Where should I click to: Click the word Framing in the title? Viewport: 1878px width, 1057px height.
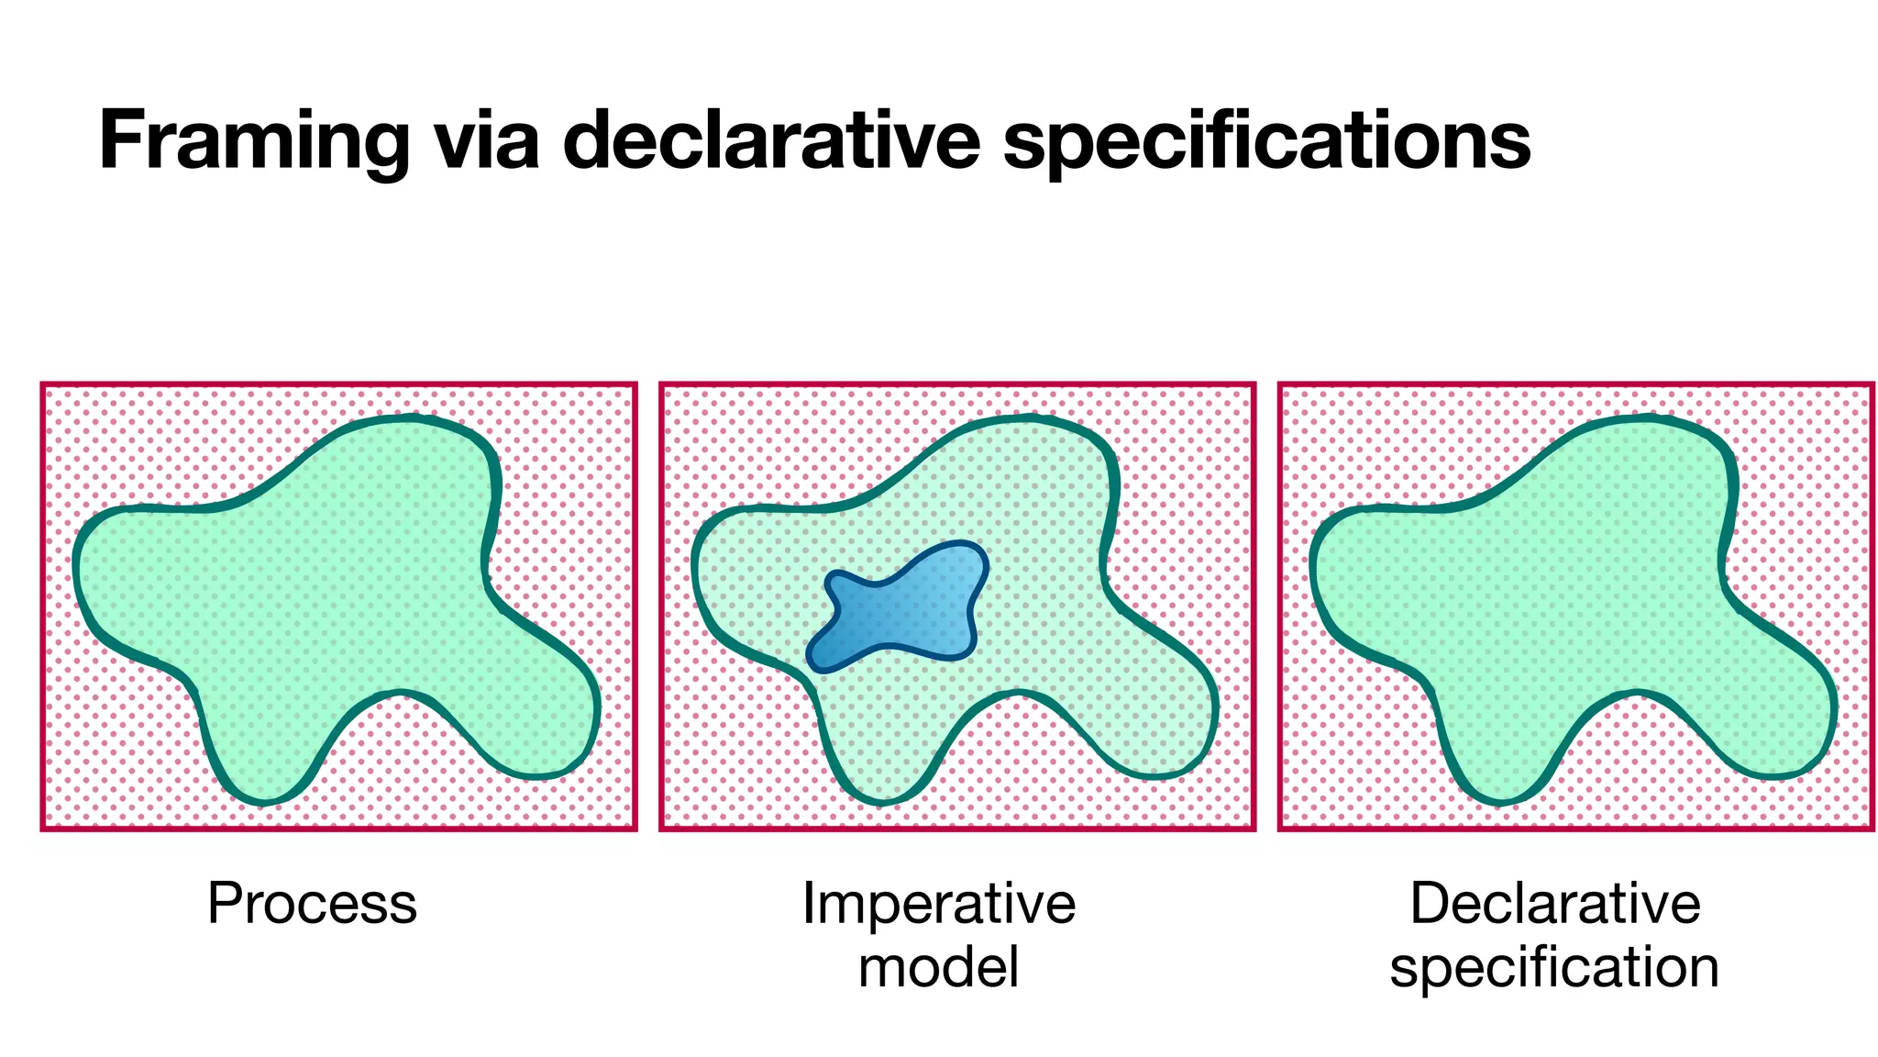(x=253, y=142)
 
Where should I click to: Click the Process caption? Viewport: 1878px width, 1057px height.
(x=312, y=904)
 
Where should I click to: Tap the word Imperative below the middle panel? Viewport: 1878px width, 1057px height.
(x=938, y=904)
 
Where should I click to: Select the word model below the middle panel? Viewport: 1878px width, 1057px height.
(x=938, y=967)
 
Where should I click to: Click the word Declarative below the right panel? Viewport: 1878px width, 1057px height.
(x=1555, y=904)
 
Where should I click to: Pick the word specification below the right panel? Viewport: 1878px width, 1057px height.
(x=1554, y=967)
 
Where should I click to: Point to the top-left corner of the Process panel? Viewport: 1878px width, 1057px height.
(x=43, y=384)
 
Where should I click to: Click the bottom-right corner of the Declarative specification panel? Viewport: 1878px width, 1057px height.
(x=1871, y=829)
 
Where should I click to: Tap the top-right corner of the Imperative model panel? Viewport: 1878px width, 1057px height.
(x=1253, y=384)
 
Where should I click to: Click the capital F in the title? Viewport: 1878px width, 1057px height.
(x=123, y=142)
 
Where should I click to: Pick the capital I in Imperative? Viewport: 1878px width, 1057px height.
(x=808, y=904)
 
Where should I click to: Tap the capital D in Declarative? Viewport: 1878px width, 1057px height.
(x=1428, y=904)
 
